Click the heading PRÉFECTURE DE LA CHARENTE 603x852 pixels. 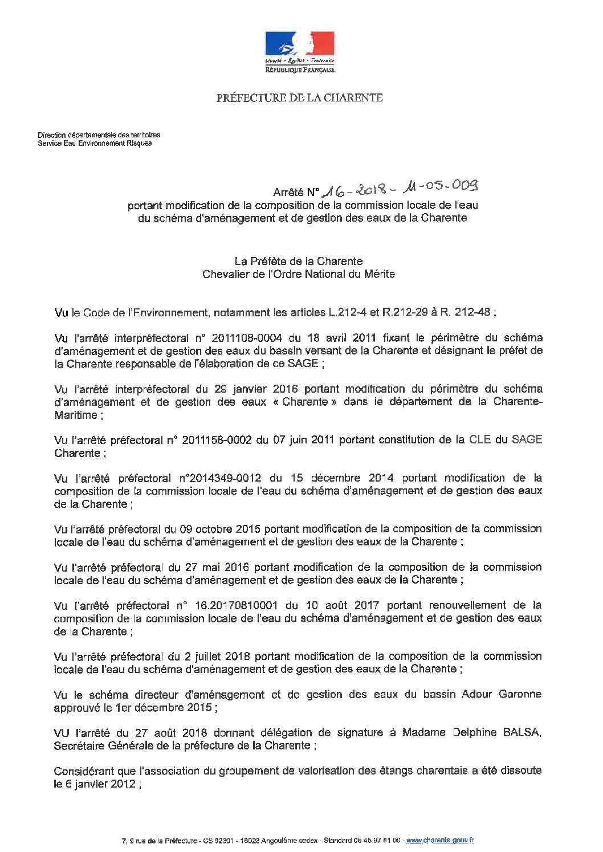(299, 97)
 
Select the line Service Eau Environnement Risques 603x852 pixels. (95, 144)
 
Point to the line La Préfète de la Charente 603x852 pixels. (299, 261)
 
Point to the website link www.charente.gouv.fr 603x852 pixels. (441, 840)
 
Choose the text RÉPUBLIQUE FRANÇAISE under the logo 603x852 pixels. (300, 70)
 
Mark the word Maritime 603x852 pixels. (76, 415)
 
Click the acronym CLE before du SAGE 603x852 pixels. (480, 439)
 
